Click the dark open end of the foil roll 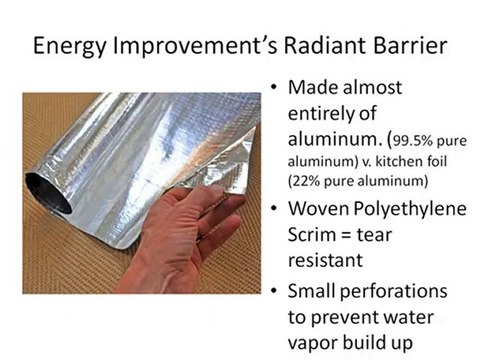pos(45,190)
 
